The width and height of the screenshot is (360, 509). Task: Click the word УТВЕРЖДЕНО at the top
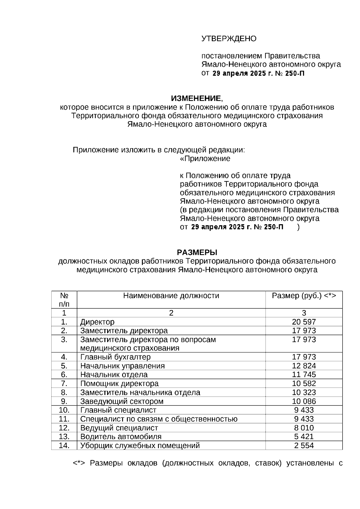229,39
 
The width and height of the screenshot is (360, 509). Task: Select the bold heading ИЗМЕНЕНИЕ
196,98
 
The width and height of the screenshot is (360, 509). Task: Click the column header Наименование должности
171,296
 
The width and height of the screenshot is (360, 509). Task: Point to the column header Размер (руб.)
304,296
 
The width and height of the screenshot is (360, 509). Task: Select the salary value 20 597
304,322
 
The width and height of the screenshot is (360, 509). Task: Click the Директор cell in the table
97,322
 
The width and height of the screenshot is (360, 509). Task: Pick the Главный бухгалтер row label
115,357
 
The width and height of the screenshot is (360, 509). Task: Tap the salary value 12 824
304,366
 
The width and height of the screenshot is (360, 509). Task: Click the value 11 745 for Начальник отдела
304,375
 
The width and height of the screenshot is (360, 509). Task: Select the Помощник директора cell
119,384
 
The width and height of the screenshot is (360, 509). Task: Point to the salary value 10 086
304,401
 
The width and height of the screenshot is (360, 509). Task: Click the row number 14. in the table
64,445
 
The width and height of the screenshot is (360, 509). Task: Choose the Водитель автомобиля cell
121,437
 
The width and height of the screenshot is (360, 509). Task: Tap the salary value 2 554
304,445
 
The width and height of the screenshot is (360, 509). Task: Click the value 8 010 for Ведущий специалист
304,428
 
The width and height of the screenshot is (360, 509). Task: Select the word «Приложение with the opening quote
205,159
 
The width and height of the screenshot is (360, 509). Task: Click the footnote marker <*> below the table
79,463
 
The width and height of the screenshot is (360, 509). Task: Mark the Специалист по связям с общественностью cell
159,419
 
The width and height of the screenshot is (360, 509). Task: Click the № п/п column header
64,300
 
